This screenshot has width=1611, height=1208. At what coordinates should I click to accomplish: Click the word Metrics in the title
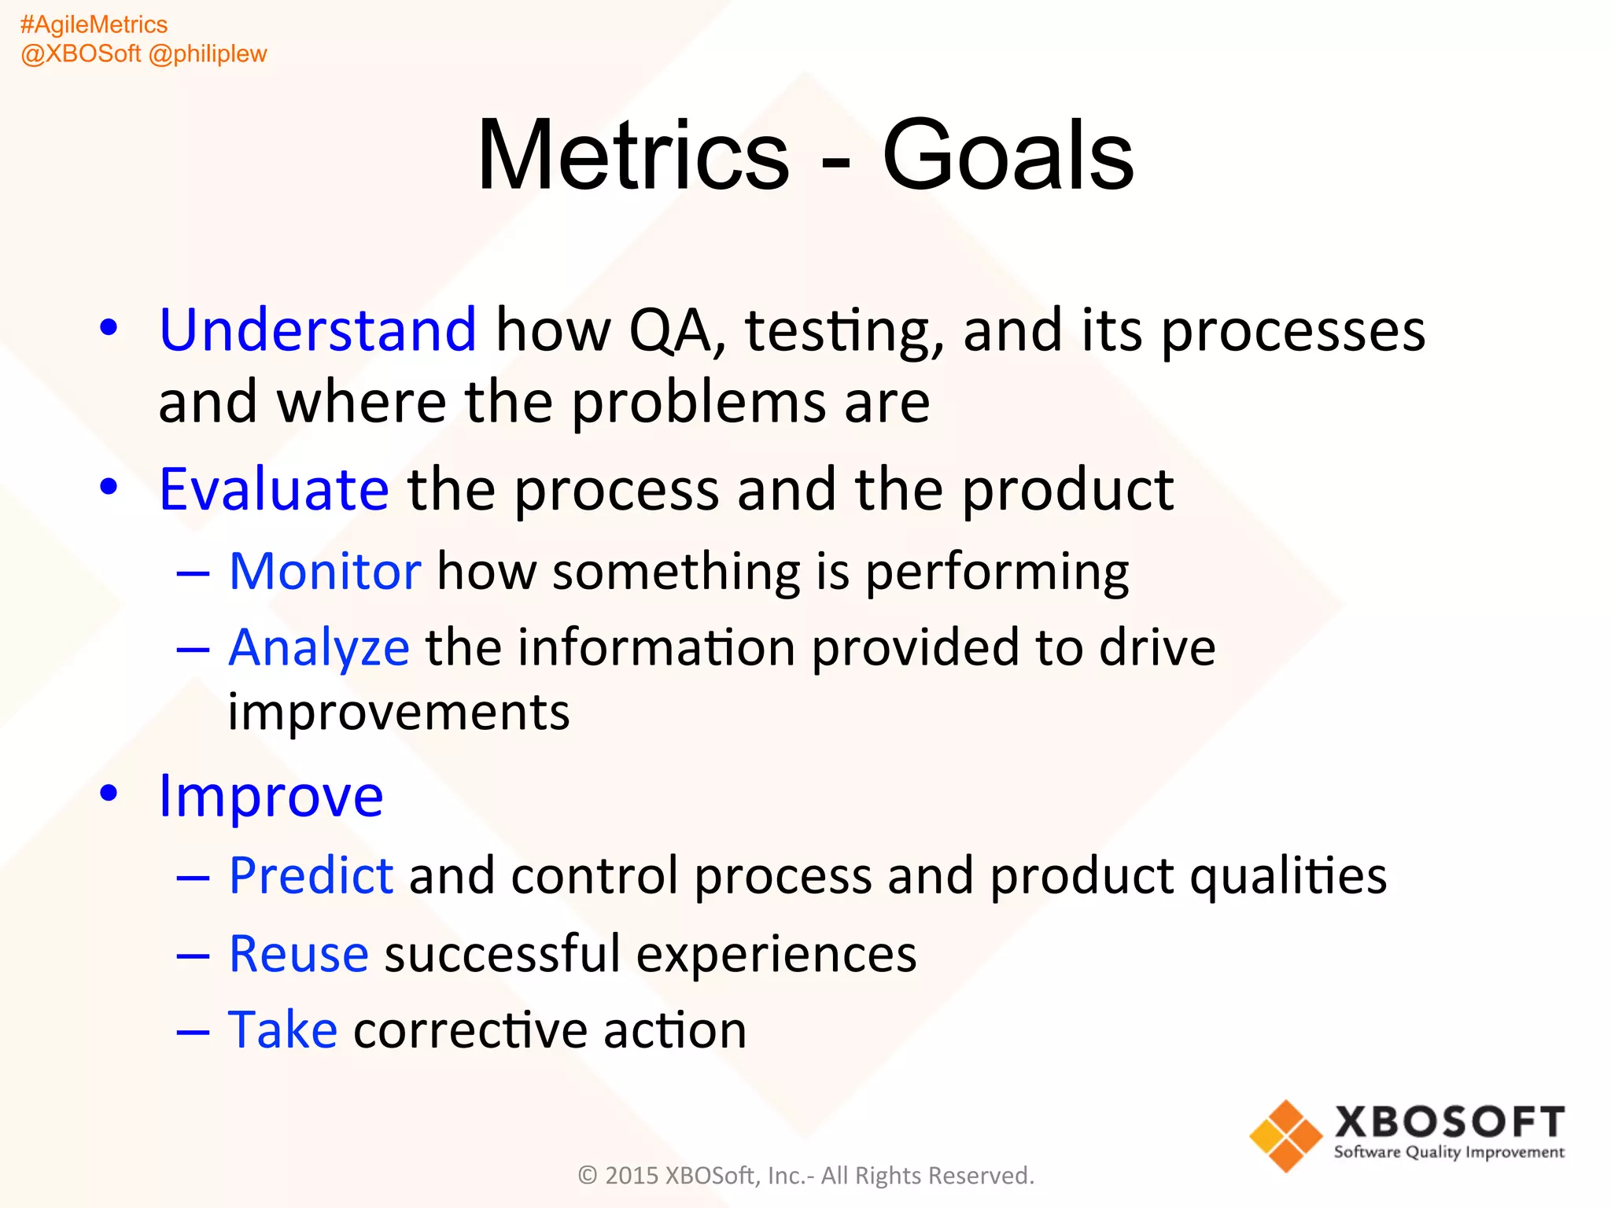(633, 155)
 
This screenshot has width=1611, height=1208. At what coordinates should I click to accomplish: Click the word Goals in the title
(1008, 155)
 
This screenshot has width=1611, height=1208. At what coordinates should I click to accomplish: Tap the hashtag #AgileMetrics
(94, 24)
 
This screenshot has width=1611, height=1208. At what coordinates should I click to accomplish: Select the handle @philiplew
(208, 53)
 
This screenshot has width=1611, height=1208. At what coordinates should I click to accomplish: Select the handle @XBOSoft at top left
(80, 53)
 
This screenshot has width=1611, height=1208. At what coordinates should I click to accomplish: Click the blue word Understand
(317, 330)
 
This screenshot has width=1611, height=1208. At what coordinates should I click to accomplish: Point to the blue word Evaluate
(274, 489)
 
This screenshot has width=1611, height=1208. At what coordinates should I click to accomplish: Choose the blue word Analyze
(319, 649)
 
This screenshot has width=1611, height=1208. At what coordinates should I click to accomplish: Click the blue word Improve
(271, 796)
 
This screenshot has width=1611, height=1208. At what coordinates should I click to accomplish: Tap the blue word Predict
(311, 875)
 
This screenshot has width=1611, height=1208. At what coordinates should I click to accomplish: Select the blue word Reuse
(298, 954)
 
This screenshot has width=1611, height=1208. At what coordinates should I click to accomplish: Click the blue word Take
(282, 1029)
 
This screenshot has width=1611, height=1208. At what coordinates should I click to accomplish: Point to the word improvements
(399, 713)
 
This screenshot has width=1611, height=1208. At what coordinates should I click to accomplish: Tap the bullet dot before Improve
(109, 793)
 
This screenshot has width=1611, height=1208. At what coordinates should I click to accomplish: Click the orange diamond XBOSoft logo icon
(1285, 1136)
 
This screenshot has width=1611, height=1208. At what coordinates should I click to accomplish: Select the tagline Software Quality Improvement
(1449, 1152)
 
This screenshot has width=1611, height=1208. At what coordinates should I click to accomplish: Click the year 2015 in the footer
(632, 1176)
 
